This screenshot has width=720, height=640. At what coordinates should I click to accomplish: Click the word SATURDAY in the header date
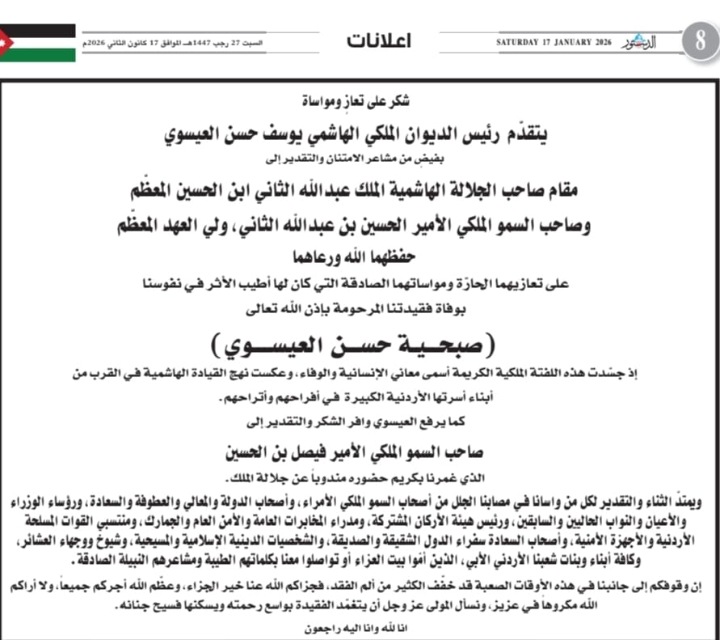tap(520, 42)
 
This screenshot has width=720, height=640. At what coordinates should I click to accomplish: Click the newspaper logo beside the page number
tap(642, 42)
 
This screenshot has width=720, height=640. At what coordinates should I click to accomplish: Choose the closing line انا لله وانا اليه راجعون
tap(360, 629)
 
